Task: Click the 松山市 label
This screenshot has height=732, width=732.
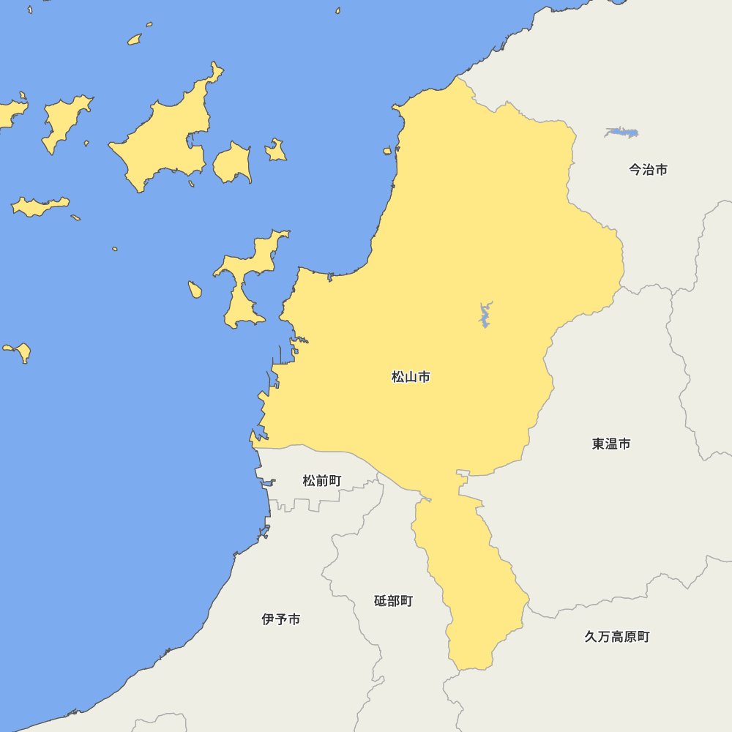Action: (x=411, y=377)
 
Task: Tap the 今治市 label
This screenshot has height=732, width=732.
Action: (x=648, y=169)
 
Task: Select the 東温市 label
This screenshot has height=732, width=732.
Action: (x=611, y=444)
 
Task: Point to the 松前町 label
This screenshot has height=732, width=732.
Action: (x=322, y=481)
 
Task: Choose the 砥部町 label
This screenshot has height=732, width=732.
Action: (x=393, y=601)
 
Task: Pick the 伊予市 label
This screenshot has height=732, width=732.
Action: (x=281, y=619)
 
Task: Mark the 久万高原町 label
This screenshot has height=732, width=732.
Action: (x=617, y=637)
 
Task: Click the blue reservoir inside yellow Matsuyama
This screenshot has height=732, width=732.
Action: (x=484, y=315)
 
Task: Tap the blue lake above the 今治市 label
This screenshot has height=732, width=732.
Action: (x=621, y=132)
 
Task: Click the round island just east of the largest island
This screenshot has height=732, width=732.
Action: (x=233, y=163)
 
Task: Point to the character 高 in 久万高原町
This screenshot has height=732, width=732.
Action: (x=617, y=637)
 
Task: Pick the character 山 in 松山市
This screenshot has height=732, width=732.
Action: (x=411, y=377)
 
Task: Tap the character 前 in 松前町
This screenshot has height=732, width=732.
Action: (x=322, y=481)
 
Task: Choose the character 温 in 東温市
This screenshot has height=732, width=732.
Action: (x=611, y=444)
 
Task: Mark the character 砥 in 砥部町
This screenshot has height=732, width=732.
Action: (x=381, y=601)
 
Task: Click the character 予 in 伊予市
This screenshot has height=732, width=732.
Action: (x=281, y=619)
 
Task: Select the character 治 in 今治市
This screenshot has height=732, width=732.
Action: (x=648, y=169)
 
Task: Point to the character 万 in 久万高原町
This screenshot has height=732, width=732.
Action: (x=604, y=637)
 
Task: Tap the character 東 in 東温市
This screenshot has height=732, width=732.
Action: (x=599, y=444)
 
